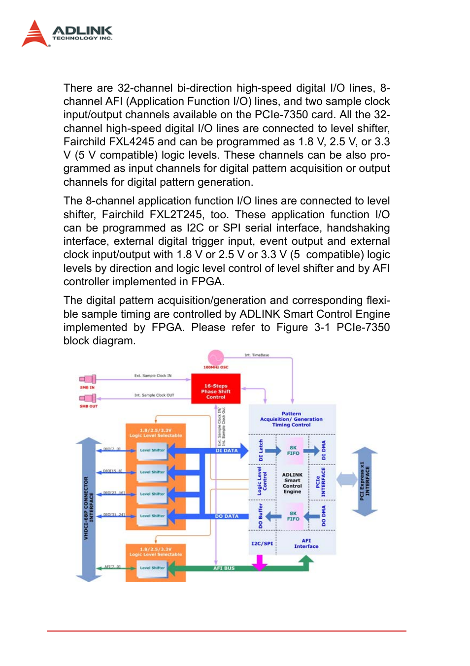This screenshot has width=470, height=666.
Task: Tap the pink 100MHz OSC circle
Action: [x=216, y=357]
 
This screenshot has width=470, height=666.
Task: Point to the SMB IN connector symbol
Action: [x=88, y=379]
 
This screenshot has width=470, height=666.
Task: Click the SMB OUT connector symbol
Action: [x=88, y=398]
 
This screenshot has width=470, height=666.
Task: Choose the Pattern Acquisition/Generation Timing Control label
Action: [x=291, y=419]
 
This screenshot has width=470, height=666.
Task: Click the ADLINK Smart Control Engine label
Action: [x=292, y=483]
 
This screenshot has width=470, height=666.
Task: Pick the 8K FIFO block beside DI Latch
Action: [x=293, y=450]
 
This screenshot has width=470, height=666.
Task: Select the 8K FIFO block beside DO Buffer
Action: [x=293, y=516]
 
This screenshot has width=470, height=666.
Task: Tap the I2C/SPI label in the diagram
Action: [x=262, y=543]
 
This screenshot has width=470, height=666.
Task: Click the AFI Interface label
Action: [x=306, y=543]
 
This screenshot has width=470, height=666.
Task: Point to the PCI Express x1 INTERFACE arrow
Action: [x=365, y=481]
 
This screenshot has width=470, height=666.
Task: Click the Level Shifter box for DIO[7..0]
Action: [x=152, y=450]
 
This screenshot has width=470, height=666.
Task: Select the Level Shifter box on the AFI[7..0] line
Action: [x=152, y=567]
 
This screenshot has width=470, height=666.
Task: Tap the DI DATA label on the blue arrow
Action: [x=227, y=450]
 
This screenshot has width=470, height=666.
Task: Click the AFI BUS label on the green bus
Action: [x=224, y=568]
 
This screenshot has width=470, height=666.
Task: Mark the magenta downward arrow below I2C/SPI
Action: [x=260, y=562]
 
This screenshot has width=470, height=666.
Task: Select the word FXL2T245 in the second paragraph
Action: [x=176, y=215]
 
